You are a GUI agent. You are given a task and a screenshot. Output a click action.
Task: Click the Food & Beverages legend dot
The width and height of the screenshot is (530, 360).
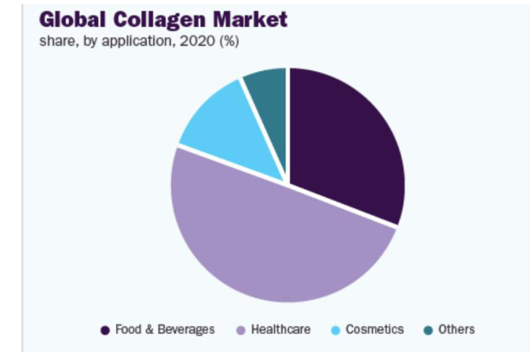pyautogui.click(x=105, y=330)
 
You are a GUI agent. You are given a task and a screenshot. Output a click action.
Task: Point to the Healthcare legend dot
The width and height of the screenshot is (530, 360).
pyautogui.click(x=240, y=330)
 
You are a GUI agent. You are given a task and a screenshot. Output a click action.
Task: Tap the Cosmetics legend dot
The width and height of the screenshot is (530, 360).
pyautogui.click(x=336, y=330)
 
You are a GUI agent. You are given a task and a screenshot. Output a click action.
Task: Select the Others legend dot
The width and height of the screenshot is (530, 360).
pyautogui.click(x=429, y=330)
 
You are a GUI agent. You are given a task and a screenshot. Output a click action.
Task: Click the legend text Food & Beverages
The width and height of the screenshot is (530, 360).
pyautogui.click(x=164, y=330)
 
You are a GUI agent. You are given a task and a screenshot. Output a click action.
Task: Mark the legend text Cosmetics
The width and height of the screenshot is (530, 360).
pyautogui.click(x=375, y=330)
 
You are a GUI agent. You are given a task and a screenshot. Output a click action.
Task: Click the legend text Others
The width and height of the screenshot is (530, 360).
pyautogui.click(x=456, y=330)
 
